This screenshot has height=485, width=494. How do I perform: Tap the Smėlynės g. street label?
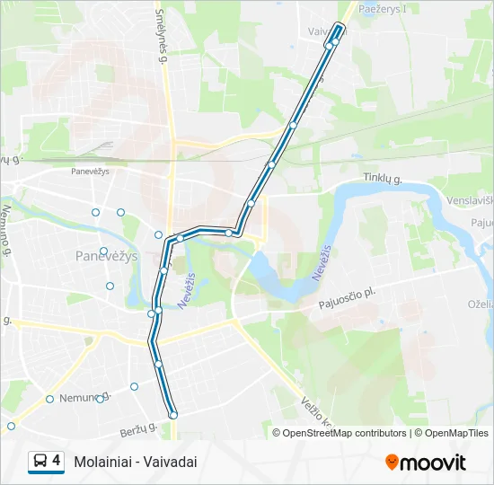[x=161, y=36]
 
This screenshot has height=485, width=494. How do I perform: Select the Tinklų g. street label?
[x=383, y=180]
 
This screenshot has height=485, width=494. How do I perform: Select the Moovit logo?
[x=425, y=463]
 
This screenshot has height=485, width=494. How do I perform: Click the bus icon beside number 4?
[x=40, y=462]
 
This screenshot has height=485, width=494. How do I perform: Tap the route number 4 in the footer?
[x=57, y=461]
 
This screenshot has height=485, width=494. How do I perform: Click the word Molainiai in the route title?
[x=106, y=462]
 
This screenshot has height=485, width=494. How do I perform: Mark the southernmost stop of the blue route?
[x=173, y=414]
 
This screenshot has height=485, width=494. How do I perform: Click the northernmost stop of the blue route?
[x=340, y=26]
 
